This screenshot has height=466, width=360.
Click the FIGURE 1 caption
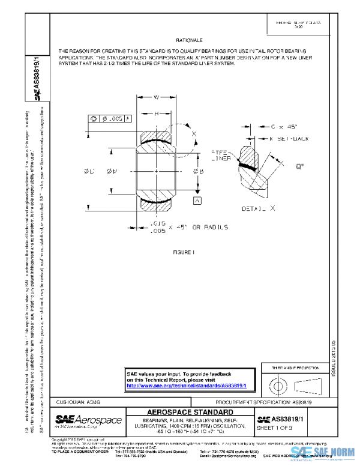pyautogui.click(x=184, y=252)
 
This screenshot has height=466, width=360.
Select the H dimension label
pyautogui.click(x=156, y=114)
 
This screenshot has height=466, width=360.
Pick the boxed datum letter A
pyautogui.click(x=196, y=199)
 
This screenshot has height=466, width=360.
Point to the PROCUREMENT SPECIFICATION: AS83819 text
pyautogui.click(x=262, y=401)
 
